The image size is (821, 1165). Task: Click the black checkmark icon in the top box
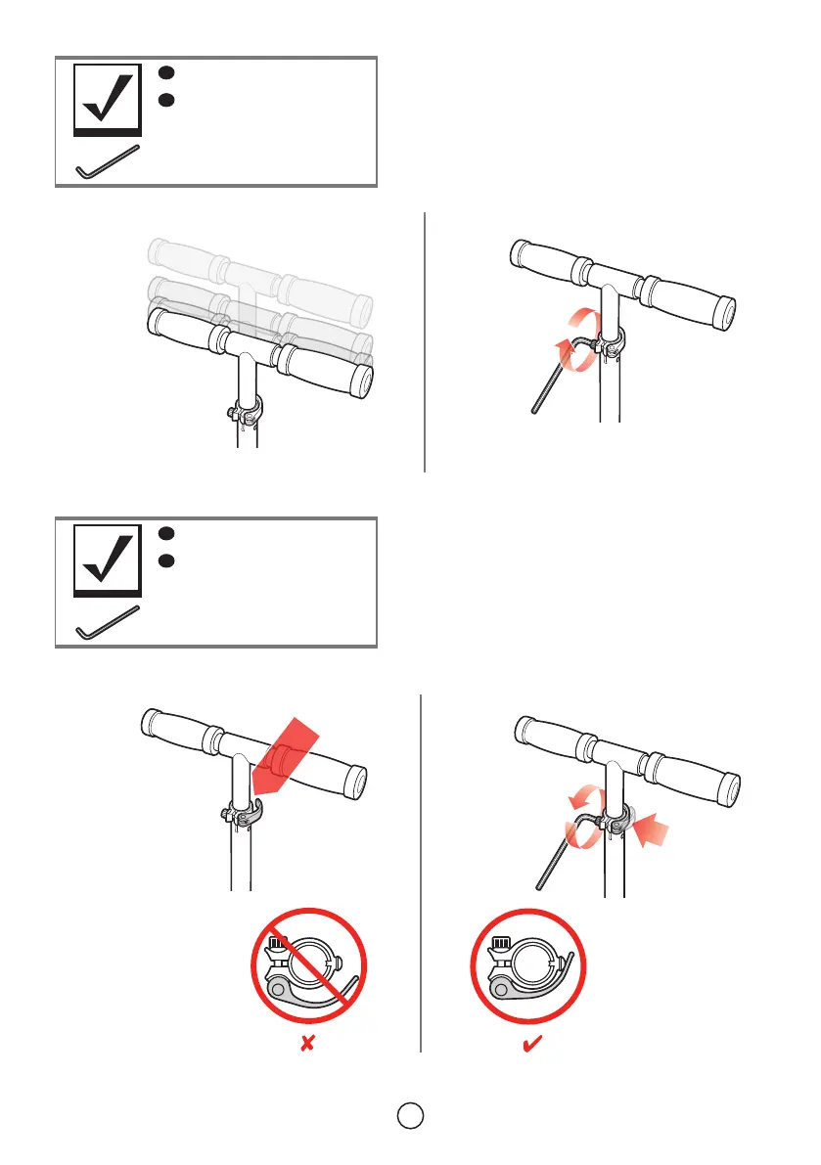pyautogui.click(x=108, y=98)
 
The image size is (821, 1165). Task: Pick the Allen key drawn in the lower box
pyautogui.click(x=108, y=624)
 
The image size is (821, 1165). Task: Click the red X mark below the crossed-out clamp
pyautogui.click(x=307, y=1046)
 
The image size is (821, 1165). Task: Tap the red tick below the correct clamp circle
pyautogui.click(x=534, y=1045)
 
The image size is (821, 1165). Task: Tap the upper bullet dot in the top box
pyautogui.click(x=166, y=72)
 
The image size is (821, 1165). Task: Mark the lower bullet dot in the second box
pyautogui.click(x=166, y=561)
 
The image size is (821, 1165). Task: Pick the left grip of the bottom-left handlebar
pyautogui.click(x=177, y=728)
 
